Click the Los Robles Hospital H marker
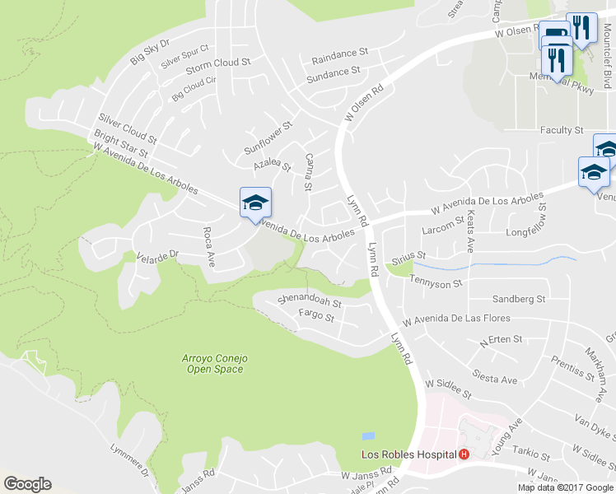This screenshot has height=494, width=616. pyautogui.click(x=464, y=454)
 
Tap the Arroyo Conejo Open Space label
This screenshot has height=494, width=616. pyautogui.click(x=214, y=364)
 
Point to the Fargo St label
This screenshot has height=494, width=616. pyautogui.click(x=316, y=315)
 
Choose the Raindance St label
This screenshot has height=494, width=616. pyautogui.click(x=339, y=56)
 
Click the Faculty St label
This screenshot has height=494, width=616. pyautogui.click(x=562, y=130)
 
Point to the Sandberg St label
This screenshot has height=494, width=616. pyautogui.click(x=519, y=299)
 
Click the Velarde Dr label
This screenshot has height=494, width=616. pyautogui.click(x=157, y=256)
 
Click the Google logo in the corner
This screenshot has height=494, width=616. pyautogui.click(x=28, y=484)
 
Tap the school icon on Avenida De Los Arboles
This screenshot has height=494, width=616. pyautogui.click(x=255, y=203)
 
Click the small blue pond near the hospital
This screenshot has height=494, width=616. pyautogui.click(x=368, y=436)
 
